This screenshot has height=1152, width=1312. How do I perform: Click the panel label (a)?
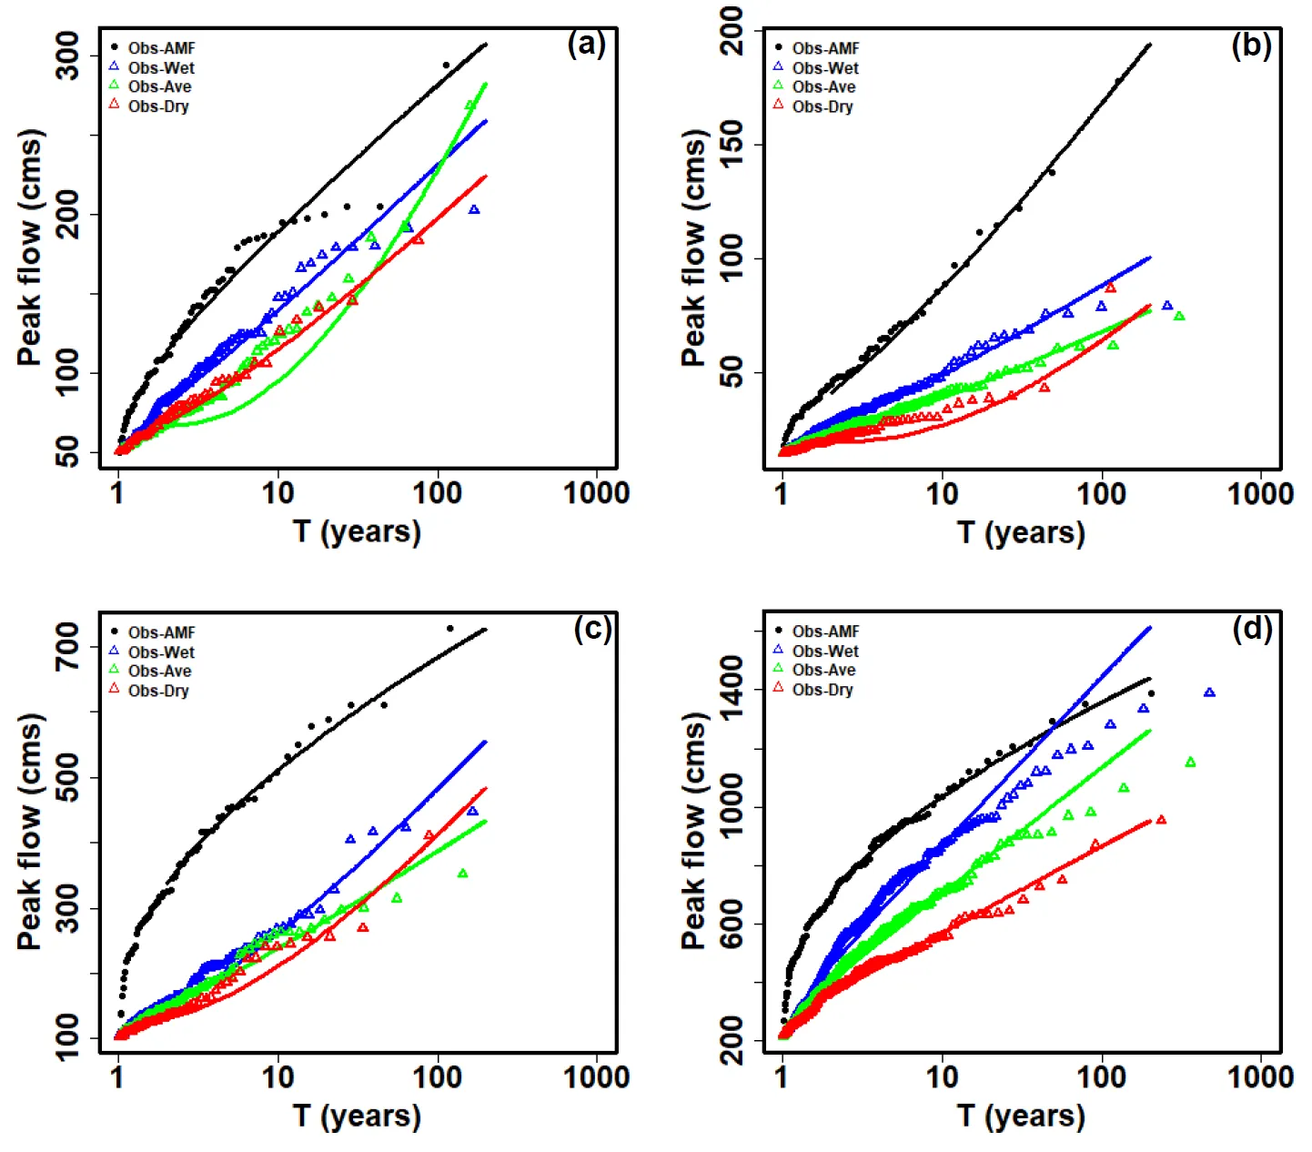[x=586, y=45]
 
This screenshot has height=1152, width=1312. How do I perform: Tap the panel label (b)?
[x=1251, y=45]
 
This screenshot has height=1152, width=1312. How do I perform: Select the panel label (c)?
[x=592, y=629]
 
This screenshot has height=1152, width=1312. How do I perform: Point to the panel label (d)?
[x=1252, y=629]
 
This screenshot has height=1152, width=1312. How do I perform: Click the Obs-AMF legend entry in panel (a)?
[x=161, y=48]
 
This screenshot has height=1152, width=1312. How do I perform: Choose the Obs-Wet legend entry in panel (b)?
[x=824, y=68]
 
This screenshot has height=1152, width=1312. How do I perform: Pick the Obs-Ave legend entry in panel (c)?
[x=159, y=672]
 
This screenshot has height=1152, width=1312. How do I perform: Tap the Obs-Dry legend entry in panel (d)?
[x=822, y=690]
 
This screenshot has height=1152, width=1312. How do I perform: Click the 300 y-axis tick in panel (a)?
[x=68, y=56]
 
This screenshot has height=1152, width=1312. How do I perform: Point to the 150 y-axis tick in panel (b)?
[x=732, y=144]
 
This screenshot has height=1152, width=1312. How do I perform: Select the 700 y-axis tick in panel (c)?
[x=68, y=647]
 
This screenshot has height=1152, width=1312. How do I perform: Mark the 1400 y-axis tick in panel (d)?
[x=732, y=689]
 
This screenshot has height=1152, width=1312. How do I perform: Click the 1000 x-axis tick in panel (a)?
[x=597, y=493]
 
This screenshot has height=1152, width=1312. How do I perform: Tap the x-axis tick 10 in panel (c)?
[x=278, y=1077]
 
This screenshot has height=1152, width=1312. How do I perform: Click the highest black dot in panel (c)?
[x=449, y=628]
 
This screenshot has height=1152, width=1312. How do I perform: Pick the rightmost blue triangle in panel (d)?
[x=1209, y=693]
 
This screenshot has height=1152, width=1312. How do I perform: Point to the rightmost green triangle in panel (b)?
[x=1179, y=317]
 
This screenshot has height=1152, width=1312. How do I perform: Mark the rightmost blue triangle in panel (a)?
[x=474, y=210]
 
